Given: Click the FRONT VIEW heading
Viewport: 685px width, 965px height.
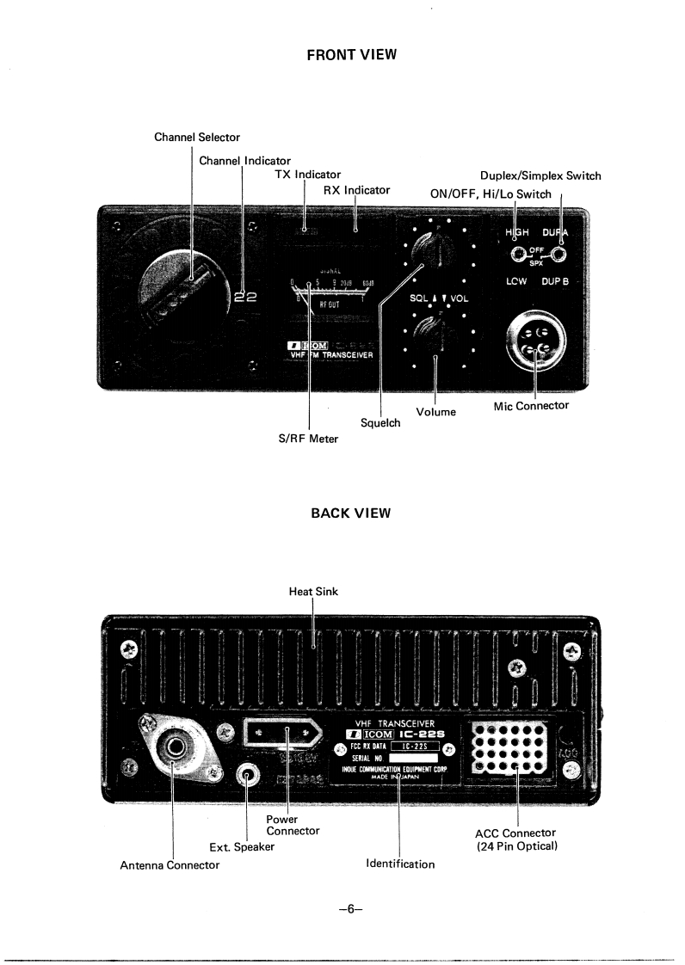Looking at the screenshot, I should pyautogui.click(x=351, y=55).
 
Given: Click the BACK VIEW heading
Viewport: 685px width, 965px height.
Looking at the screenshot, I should pyautogui.click(x=350, y=513).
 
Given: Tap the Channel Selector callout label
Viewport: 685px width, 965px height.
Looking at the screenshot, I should pyautogui.click(x=197, y=137).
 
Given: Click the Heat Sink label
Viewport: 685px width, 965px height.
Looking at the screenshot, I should pyautogui.click(x=313, y=591).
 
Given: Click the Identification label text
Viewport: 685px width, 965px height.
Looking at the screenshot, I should pyautogui.click(x=400, y=864).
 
